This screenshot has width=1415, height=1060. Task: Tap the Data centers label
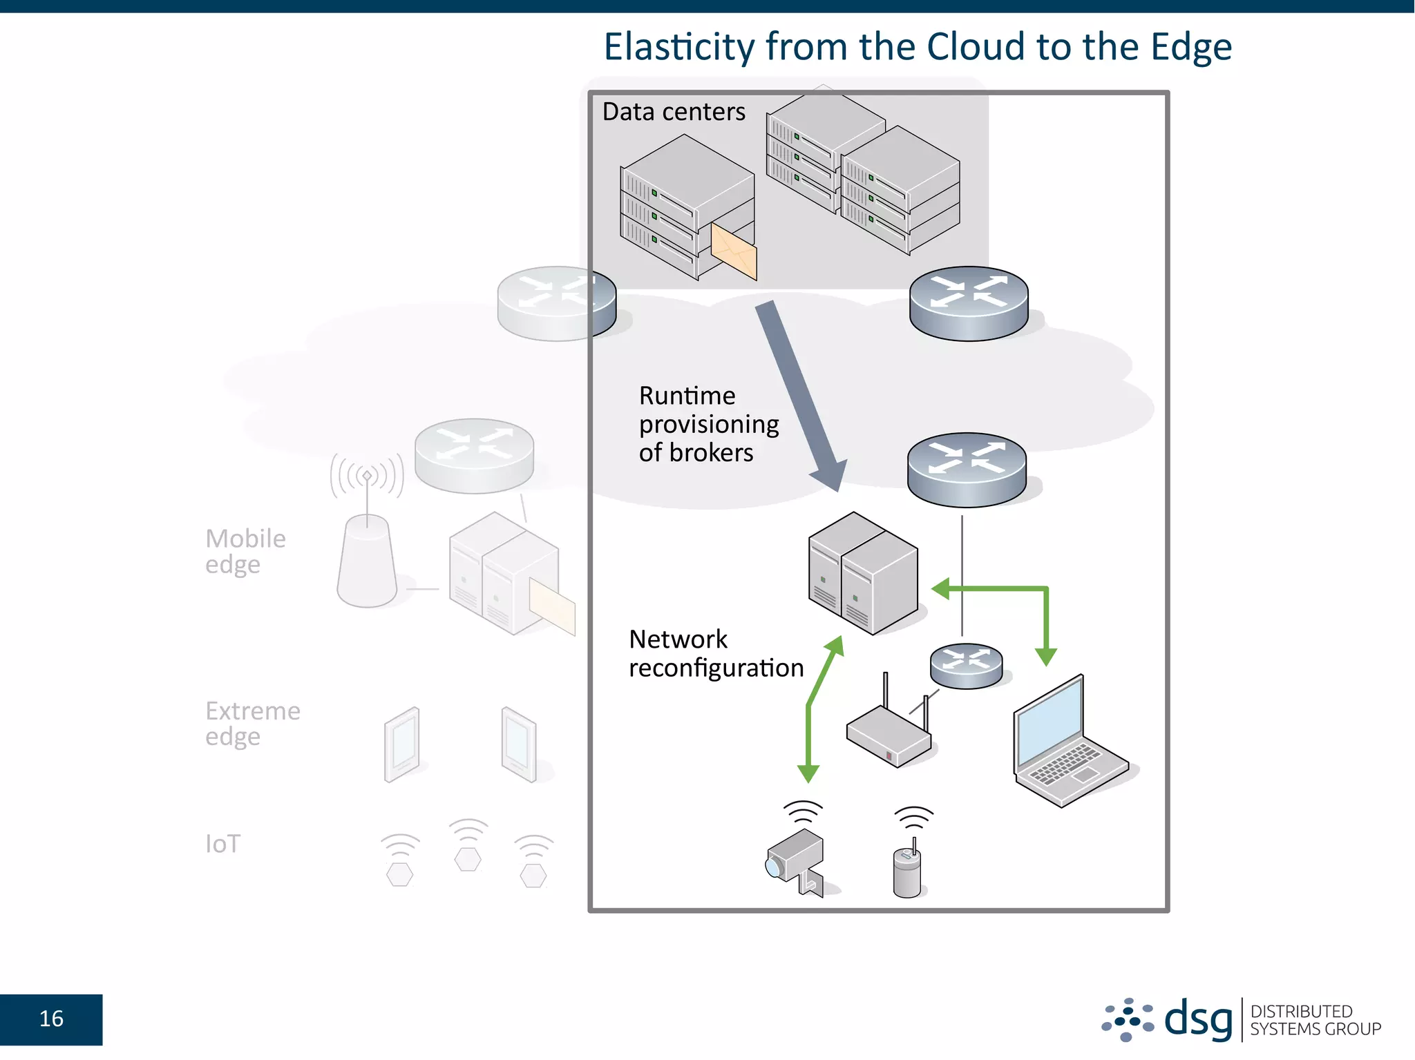673,112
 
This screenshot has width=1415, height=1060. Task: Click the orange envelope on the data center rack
734,253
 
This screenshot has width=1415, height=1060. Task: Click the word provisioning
708,424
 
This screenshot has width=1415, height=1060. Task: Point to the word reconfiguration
716,668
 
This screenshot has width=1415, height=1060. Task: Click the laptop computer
1067,742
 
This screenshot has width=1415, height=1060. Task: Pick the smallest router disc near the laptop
966,665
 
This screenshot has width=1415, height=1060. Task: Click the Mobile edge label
245,551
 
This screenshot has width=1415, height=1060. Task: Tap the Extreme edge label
252,723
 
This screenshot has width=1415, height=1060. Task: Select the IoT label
222,844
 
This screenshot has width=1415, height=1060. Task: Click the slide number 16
51,1019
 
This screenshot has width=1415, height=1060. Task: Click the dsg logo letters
1197,1019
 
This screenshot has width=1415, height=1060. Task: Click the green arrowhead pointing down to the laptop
1046,656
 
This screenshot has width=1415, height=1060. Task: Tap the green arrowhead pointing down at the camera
808,773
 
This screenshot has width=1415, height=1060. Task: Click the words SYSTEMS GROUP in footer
1315,1029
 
